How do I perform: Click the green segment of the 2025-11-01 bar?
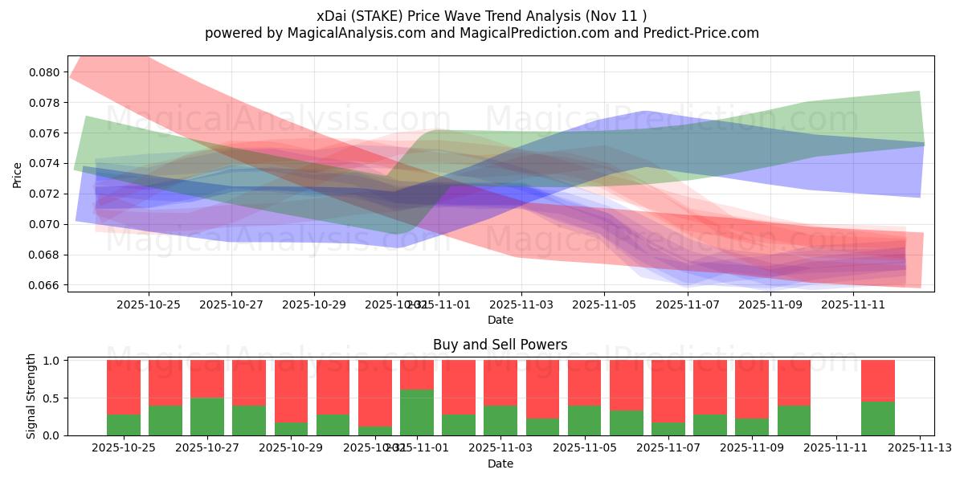(x=417, y=413)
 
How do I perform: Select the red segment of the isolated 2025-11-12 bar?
(x=878, y=380)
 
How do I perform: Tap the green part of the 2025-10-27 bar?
(x=207, y=417)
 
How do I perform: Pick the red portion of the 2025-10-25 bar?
(x=124, y=387)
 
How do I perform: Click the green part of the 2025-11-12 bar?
(x=878, y=419)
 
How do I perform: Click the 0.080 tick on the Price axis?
(x=46, y=72)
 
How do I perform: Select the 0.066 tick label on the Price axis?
(x=46, y=285)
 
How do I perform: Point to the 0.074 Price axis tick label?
(x=46, y=163)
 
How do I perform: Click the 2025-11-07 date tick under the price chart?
(x=688, y=304)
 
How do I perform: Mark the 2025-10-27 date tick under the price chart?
(x=231, y=304)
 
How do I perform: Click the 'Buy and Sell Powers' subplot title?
(x=500, y=345)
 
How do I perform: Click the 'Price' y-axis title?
(x=18, y=174)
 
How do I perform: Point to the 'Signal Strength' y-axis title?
(x=31, y=397)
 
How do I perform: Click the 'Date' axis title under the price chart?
(x=500, y=320)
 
